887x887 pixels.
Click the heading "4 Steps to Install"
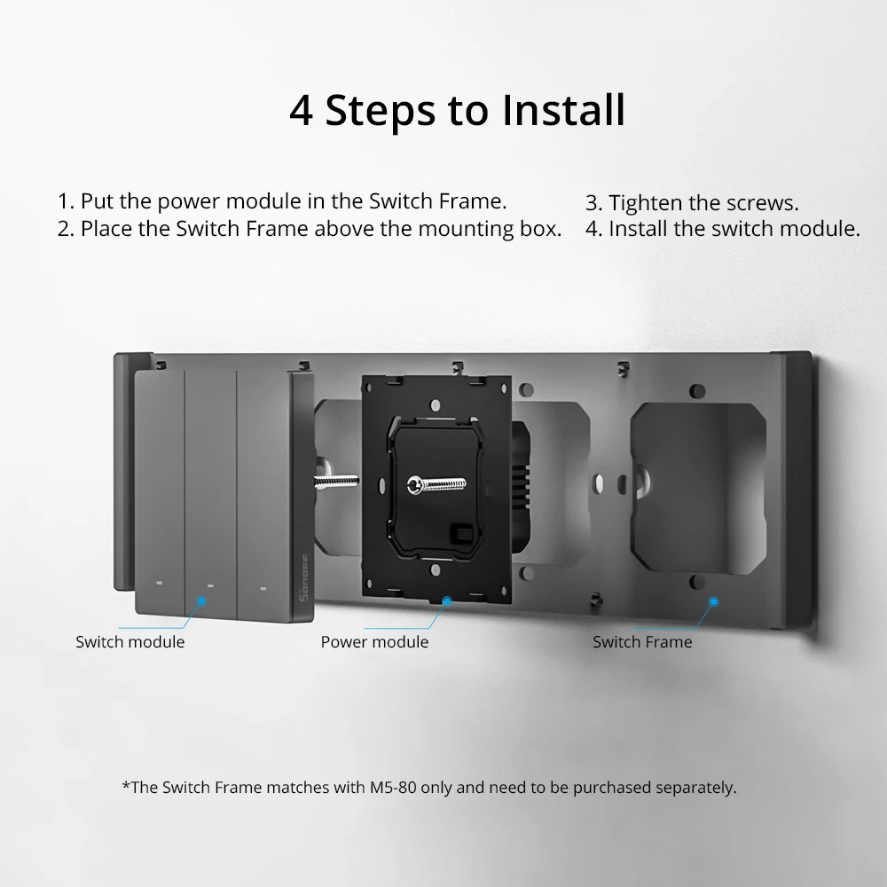(x=457, y=111)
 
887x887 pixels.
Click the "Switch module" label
(x=130, y=641)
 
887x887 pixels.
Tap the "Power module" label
(x=374, y=641)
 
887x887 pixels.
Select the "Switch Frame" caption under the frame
(x=642, y=641)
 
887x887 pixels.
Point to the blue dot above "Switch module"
(x=201, y=600)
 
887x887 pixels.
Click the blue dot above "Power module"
(x=446, y=600)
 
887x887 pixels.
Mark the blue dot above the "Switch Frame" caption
(x=714, y=600)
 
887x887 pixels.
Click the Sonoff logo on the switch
(x=303, y=587)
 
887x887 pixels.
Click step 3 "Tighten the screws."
(x=692, y=203)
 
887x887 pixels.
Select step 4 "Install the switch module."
(x=722, y=229)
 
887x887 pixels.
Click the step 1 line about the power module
(x=282, y=200)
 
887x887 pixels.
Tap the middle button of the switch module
(x=210, y=488)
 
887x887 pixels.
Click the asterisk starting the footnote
(x=126, y=786)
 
